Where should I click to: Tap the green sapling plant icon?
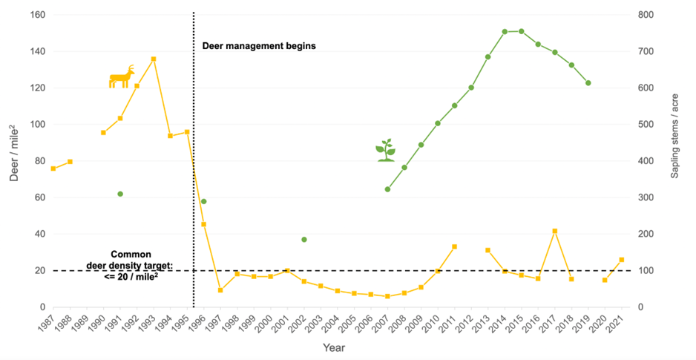point(385,151)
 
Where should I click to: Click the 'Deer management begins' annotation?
point(259,45)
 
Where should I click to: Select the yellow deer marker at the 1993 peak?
point(154,59)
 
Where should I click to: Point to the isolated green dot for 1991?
point(120,194)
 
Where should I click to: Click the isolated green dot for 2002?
point(304,240)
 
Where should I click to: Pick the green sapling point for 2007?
point(387,189)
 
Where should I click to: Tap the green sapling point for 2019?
point(588,83)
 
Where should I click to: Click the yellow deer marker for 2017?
point(555,231)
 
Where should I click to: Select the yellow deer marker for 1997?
point(220,290)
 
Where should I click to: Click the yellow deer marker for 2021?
point(622,260)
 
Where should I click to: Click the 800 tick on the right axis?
point(647,15)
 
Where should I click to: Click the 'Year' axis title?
point(333,347)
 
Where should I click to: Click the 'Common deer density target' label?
point(141,264)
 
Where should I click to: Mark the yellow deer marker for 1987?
point(53,168)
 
